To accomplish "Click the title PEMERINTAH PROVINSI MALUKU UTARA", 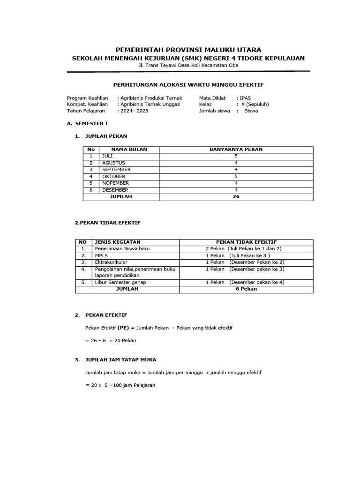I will tap(188, 50).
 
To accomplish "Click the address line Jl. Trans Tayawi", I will tap(188, 65).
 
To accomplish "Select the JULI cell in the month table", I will tap(108, 156).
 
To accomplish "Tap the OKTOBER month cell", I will tap(114, 176).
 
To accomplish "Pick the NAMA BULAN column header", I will tap(129, 150).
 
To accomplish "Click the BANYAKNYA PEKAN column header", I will tap(236, 150).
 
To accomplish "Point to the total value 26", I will tap(236, 197).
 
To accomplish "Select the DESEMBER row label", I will tap(115, 190).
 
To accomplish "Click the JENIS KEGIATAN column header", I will tap(118, 242).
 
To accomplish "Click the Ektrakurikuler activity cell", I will tap(111, 262).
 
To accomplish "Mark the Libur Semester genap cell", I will tap(120, 282).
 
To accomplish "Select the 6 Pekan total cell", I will tap(246, 289).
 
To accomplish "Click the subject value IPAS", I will tap(245, 98).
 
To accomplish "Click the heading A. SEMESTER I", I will tap(88, 124).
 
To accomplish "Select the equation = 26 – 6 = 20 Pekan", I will tap(111, 340).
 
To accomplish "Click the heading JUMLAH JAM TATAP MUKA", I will tap(120, 360).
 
